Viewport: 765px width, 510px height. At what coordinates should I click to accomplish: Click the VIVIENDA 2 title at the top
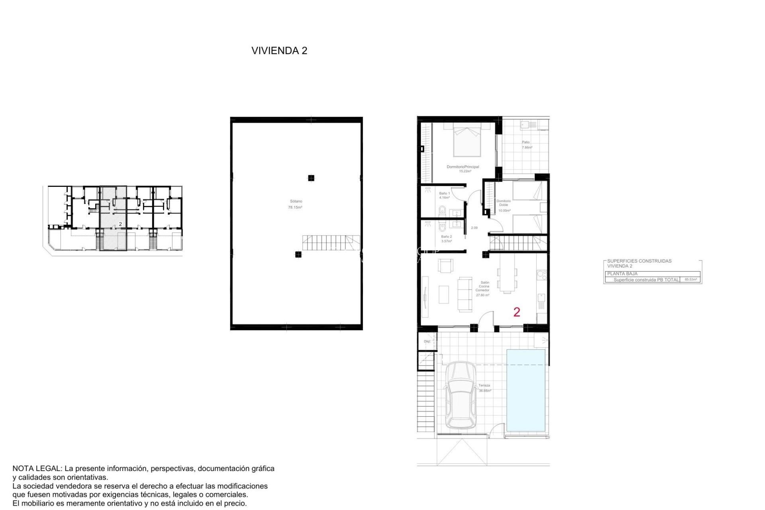279,51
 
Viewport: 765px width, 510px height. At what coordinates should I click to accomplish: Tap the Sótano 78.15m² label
295,204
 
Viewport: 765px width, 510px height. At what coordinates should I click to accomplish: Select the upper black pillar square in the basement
311,178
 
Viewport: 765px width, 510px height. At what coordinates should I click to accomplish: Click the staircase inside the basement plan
330,243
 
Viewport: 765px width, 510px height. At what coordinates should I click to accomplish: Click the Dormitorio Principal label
463,167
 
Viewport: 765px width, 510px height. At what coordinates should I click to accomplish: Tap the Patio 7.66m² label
527,145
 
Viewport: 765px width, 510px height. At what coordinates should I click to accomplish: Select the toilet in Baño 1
442,210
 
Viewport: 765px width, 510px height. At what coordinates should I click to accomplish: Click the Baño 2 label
446,237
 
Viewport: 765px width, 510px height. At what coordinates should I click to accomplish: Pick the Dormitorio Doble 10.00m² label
504,206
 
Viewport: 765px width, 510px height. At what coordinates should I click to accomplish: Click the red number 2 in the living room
517,312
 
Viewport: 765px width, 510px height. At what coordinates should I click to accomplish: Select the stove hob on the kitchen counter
541,274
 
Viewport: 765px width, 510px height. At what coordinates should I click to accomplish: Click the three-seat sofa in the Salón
465,294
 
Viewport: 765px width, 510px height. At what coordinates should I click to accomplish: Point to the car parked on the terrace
460,395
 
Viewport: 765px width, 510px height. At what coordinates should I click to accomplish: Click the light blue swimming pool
526,390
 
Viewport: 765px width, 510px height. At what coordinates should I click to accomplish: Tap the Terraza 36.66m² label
484,388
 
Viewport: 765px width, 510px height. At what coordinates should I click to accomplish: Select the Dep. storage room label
427,341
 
